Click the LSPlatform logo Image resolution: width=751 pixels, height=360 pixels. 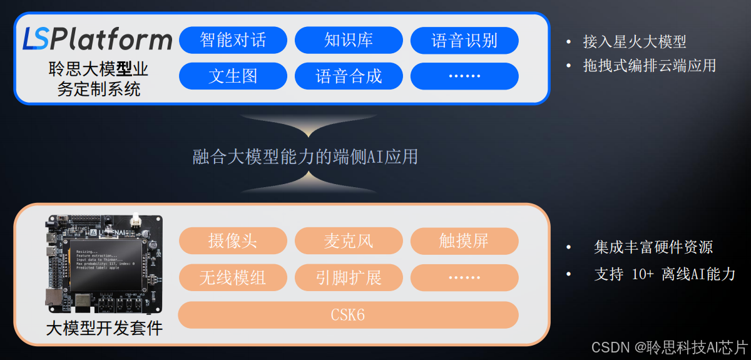tap(97, 39)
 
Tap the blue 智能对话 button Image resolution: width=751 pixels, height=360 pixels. tap(233, 41)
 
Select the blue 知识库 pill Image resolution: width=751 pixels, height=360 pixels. tap(349, 41)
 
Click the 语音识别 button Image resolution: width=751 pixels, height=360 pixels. tap(464, 41)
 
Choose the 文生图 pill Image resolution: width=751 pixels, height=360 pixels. tap(233, 76)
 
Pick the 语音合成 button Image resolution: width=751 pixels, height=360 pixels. tap(349, 76)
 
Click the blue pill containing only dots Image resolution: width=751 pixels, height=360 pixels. tap(464, 76)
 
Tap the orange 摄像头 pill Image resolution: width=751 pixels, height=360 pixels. tap(233, 241)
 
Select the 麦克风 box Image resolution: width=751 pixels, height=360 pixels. tap(349, 241)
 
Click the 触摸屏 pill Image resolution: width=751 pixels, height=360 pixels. tap(464, 241)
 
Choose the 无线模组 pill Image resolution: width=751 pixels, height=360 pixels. tap(233, 277)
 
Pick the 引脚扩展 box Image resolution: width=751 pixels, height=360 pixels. tap(349, 277)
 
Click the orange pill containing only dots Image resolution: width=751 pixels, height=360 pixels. tap(464, 277)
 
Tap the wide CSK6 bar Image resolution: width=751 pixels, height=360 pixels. tap(348, 315)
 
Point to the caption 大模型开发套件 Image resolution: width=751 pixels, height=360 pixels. tap(104, 327)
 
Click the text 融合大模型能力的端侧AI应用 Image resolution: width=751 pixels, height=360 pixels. tap(305, 156)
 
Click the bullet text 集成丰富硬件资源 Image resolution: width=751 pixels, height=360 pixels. tap(653, 247)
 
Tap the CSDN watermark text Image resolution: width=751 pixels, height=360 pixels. tap(670, 347)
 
